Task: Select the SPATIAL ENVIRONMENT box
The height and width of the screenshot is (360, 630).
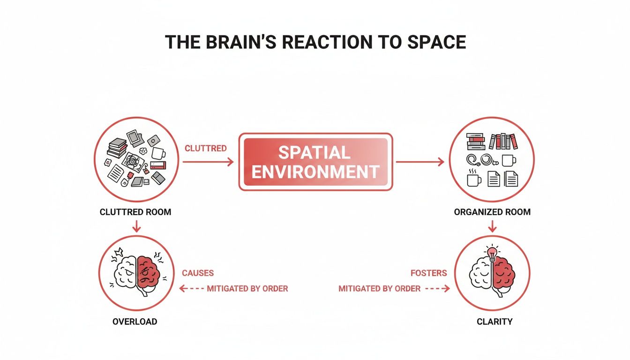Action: point(315,162)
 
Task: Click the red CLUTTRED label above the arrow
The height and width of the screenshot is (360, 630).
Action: point(205,148)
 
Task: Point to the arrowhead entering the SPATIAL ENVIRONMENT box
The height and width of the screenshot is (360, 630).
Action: point(230,162)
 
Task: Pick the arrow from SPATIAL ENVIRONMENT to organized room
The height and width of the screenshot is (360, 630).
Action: point(420,162)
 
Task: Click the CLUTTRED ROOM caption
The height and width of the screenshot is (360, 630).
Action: point(135,212)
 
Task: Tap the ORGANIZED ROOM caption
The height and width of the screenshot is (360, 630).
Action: point(492,212)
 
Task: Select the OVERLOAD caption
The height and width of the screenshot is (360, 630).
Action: point(135,322)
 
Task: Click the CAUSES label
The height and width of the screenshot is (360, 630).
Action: point(198,273)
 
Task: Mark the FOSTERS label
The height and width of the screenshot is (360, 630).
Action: point(428,273)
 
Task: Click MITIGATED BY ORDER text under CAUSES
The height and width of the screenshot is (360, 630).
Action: point(247,289)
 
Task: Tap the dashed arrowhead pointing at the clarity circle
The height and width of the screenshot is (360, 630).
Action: point(447,289)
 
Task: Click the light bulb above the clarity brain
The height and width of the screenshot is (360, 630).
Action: point(492,254)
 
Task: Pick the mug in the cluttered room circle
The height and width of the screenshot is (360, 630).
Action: point(158,153)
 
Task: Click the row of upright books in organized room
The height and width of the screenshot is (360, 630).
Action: point(502,141)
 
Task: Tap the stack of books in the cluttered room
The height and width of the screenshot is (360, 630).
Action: point(117,148)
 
